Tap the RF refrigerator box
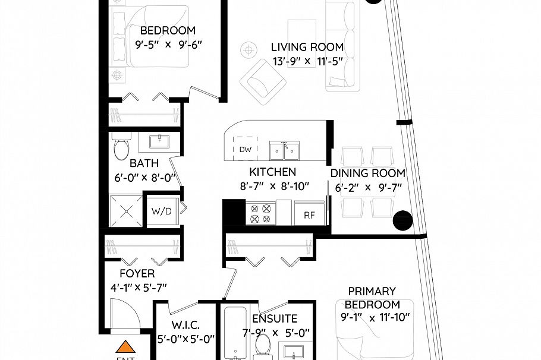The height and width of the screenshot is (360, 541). [x=309, y=214]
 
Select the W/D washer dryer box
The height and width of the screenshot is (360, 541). [x=162, y=211]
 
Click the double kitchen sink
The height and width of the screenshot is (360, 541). [x=284, y=151]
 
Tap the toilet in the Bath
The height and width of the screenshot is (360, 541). [x=121, y=146]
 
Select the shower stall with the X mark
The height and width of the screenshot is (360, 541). [x=125, y=211]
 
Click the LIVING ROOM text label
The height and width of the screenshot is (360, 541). [x=307, y=48]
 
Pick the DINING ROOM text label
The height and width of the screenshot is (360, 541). [x=367, y=173]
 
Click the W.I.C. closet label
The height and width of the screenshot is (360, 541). [x=185, y=326]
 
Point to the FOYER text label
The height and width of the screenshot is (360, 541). [x=137, y=274]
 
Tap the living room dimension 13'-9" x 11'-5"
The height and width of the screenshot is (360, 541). [x=307, y=61]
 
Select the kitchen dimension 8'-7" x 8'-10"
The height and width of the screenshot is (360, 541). [x=271, y=186]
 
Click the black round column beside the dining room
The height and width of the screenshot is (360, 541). [x=402, y=220]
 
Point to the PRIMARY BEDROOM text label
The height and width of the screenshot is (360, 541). [x=372, y=298]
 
